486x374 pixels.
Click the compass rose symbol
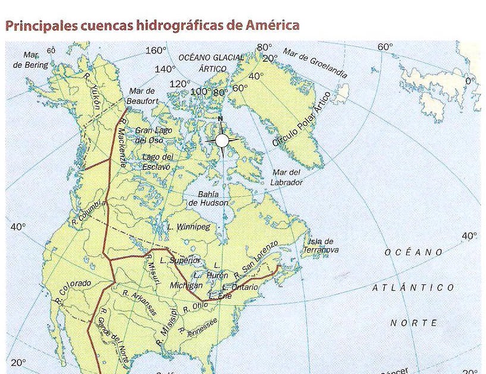[222, 140]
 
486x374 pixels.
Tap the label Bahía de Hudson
[208, 199]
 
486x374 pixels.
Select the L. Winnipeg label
[189, 227]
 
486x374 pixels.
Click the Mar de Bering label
[31, 60]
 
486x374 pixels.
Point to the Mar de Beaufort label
[142, 96]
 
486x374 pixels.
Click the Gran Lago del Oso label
[153, 135]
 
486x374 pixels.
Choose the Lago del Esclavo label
[158, 161]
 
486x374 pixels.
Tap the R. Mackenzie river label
[123, 143]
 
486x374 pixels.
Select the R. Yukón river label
[93, 93]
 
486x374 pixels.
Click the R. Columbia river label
[88, 213]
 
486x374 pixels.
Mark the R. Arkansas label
[140, 302]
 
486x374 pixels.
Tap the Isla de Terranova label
[321, 246]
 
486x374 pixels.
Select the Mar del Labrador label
[287, 177]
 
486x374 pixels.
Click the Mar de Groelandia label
[315, 64]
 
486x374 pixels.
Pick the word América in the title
[267, 26]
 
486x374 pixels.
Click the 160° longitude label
[156, 50]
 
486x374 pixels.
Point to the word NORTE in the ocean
[413, 323]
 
